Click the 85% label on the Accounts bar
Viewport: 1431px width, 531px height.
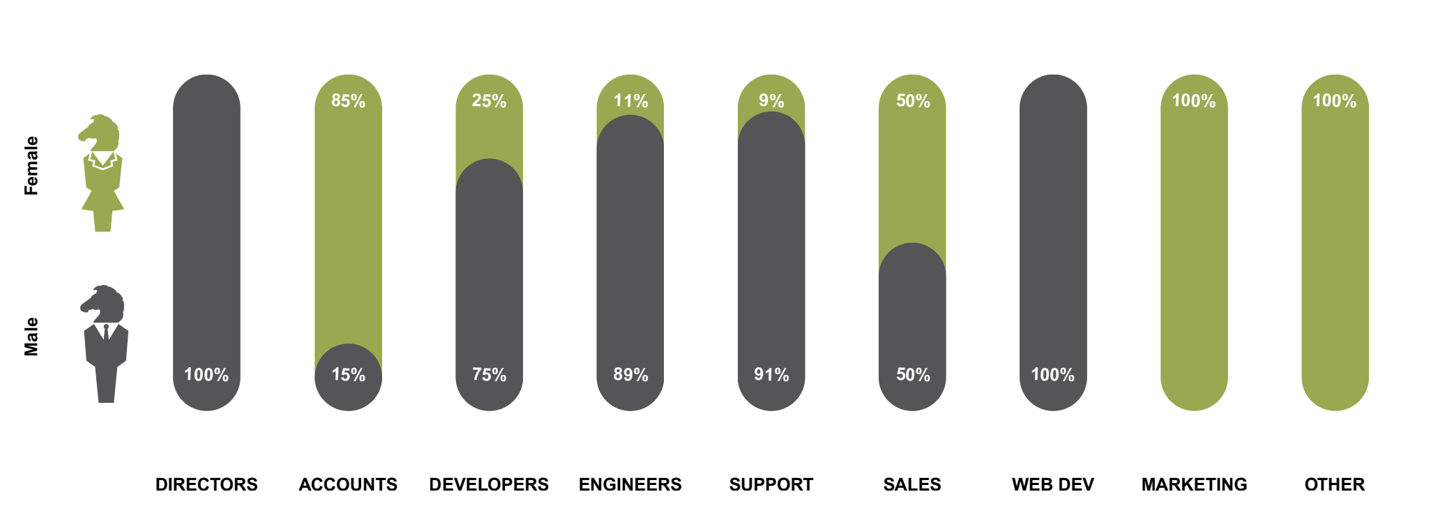click(x=348, y=101)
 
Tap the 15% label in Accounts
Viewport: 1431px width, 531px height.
click(x=348, y=375)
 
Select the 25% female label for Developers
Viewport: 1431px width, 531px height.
click(x=489, y=101)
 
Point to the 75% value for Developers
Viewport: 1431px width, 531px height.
click(x=489, y=375)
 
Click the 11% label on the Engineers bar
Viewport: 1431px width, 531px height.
click(x=630, y=101)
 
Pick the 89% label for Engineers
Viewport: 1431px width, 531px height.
click(x=630, y=375)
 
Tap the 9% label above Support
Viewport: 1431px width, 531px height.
click(x=771, y=101)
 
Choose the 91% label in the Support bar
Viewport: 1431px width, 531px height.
click(x=771, y=375)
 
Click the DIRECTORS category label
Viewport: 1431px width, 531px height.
click(x=206, y=484)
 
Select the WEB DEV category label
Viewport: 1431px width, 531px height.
click(x=1053, y=484)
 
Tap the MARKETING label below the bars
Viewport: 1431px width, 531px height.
click(x=1194, y=484)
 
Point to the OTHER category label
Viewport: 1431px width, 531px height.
click(x=1334, y=484)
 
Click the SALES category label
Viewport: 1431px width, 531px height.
click(x=912, y=484)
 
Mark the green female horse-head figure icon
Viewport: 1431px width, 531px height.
click(x=102, y=174)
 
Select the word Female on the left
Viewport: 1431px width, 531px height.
click(x=31, y=165)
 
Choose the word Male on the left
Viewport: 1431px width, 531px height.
click(x=31, y=337)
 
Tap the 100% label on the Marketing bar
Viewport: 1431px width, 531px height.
click(x=1194, y=101)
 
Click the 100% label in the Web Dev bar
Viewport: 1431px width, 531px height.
click(x=1053, y=375)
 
